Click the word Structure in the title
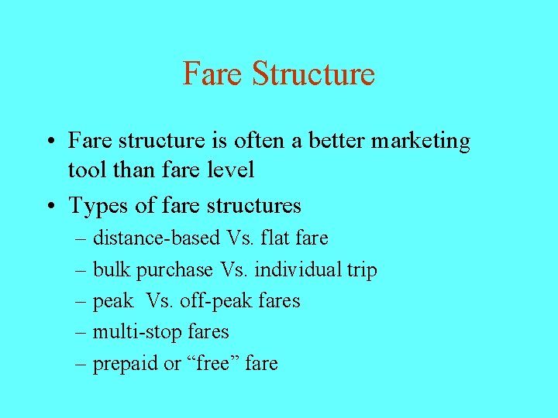[x=313, y=74]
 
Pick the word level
[x=229, y=170]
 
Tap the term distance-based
[x=157, y=238]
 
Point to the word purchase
[x=174, y=271]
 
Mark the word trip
[x=362, y=271]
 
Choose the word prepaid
[x=126, y=364]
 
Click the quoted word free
[x=215, y=363]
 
